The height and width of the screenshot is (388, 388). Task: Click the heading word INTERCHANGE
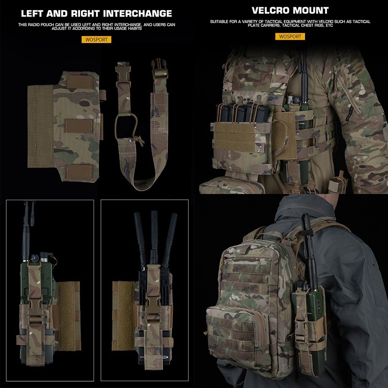pos(137,14)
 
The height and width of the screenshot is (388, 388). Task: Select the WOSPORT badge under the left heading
pos(97,40)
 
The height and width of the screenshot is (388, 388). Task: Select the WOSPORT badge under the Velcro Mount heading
pos(290,36)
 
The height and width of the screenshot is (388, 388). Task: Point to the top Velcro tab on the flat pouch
pos(80,82)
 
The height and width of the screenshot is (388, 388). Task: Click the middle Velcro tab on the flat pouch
pos(79,126)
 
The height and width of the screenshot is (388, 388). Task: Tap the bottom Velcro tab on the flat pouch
pos(79,172)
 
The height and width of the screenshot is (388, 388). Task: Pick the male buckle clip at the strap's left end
pos(123,74)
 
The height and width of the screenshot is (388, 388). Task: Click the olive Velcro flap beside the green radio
pos(67,316)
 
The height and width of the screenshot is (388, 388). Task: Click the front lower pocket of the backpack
pos(237,334)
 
